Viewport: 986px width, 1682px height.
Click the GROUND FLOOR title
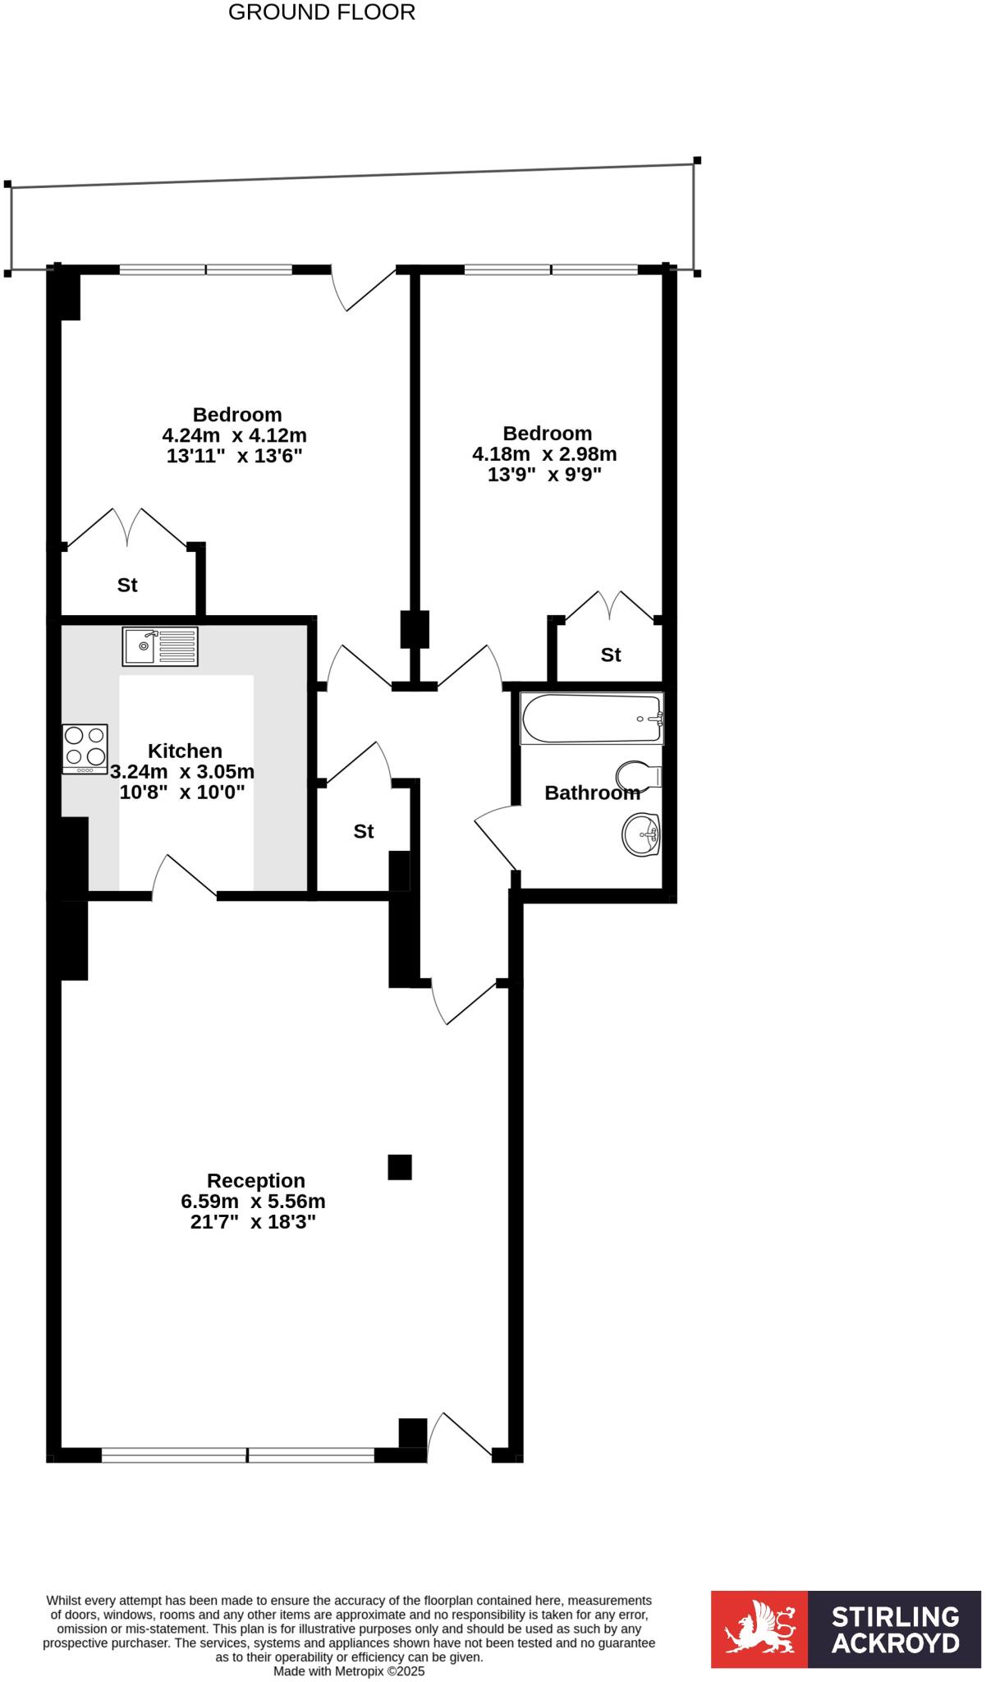click(321, 12)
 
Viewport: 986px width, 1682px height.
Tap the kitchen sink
click(160, 646)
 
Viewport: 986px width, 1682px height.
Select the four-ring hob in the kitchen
click(85, 747)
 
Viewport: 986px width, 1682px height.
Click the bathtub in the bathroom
click(591, 719)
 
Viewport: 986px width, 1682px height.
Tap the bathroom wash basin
click(640, 834)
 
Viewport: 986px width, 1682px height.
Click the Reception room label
click(255, 1180)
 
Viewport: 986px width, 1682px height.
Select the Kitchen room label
click(185, 751)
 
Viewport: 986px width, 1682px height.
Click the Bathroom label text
click(592, 793)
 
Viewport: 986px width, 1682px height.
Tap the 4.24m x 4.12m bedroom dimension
click(234, 434)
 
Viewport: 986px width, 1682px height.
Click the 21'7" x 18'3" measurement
click(253, 1221)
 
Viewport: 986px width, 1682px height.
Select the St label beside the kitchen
click(363, 831)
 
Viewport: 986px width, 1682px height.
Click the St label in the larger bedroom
click(127, 585)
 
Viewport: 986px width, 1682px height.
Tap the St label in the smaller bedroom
click(610, 655)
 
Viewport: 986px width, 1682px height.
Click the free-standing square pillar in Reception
click(399, 1166)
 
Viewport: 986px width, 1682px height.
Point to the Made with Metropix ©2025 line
click(349, 1671)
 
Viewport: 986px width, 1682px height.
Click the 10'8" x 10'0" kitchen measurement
click(182, 792)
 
